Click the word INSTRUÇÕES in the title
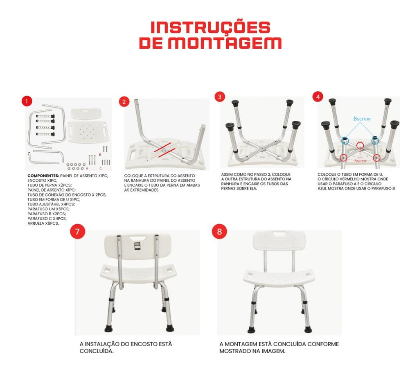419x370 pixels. tap(210, 27)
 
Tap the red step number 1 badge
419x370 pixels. tap(27, 102)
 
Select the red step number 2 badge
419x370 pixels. tap(124, 102)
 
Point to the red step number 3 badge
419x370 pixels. tap(220, 97)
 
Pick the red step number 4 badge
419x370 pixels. tap(318, 97)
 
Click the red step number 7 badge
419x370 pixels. tap(77, 231)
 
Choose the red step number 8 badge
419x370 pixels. tap(219, 231)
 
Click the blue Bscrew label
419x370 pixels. tap(362, 119)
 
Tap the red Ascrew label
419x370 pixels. tap(360, 160)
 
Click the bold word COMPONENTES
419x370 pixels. tap(43, 176)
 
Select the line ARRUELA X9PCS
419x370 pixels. tap(43, 223)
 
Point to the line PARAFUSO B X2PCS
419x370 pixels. tap(47, 214)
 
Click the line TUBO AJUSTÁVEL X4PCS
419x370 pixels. tap(51, 204)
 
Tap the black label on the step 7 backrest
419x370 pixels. tap(137, 246)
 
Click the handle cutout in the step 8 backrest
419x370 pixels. tap(279, 235)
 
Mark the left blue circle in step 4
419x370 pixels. tap(345, 140)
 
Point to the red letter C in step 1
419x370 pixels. tap(101, 169)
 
